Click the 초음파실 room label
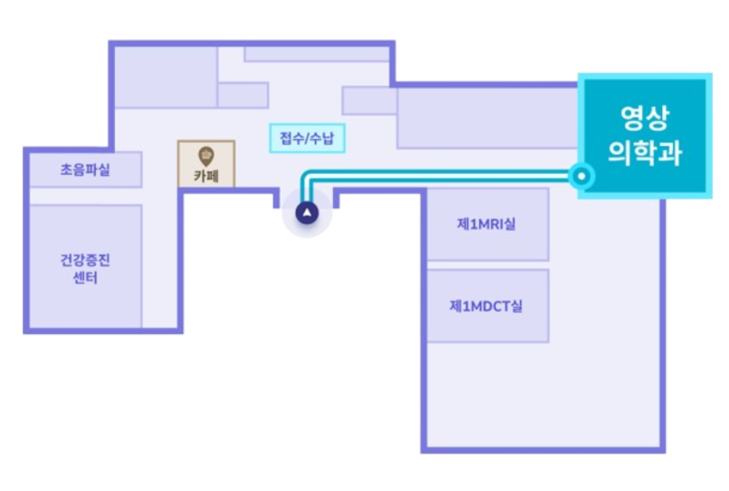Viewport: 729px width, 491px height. pos(85,170)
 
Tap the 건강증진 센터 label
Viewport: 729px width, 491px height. pos(85,269)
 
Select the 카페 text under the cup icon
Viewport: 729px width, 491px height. pos(206,176)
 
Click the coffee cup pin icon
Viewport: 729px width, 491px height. pos(206,156)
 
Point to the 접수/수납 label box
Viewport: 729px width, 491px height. pos(307,138)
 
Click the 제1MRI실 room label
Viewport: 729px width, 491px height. pos(486,224)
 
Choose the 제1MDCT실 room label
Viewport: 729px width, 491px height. pos(485,306)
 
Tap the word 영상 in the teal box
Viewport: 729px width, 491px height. pos(645,117)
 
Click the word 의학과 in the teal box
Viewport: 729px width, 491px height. pos(645,152)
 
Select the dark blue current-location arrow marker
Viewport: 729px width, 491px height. pos(307,213)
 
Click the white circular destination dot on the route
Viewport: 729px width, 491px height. pos(581,176)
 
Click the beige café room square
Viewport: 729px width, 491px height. pos(206,164)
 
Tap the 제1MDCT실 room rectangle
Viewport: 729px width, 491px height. pos(488,306)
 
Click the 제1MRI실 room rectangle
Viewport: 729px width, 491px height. pos(488,224)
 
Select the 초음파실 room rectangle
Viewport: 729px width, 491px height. pos(85,170)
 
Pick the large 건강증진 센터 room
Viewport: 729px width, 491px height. pos(85,267)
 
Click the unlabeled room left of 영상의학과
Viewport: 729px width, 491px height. pos(487,117)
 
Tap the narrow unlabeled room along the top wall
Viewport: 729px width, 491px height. pos(317,54)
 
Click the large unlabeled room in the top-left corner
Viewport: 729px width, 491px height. pos(166,77)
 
